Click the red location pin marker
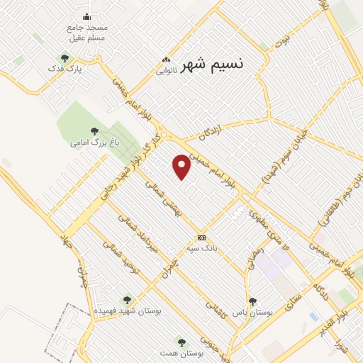182,167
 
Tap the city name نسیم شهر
212,65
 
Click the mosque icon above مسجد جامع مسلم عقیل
87,16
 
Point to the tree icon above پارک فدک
65,58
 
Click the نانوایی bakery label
165,71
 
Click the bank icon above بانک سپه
202,238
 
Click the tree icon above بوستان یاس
253,301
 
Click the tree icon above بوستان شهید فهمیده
127,300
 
